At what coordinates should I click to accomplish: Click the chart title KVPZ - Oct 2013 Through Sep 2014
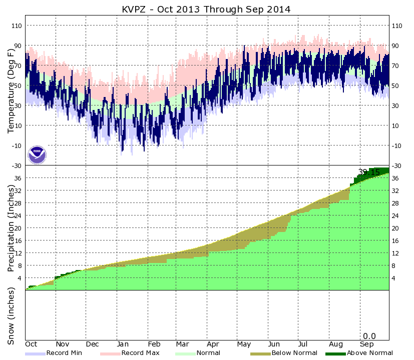(x=207, y=9)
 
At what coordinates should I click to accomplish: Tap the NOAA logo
(x=37, y=154)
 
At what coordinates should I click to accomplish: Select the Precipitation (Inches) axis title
(x=12, y=227)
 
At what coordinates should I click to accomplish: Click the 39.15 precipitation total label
(x=369, y=172)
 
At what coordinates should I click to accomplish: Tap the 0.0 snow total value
(x=369, y=336)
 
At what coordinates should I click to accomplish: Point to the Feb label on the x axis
(x=154, y=344)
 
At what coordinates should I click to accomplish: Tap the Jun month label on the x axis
(x=275, y=344)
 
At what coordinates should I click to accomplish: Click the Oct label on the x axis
(x=32, y=344)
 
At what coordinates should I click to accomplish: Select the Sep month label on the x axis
(x=367, y=344)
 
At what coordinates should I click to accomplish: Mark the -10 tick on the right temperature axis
(x=397, y=145)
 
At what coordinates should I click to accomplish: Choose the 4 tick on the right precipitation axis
(x=394, y=278)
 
